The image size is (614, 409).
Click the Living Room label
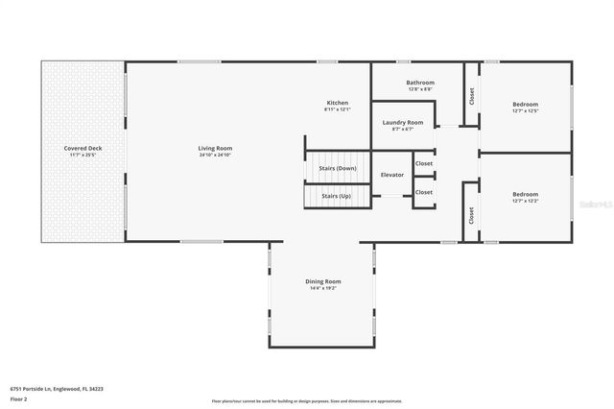tap(215, 148)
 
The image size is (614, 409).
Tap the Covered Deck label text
tap(83, 148)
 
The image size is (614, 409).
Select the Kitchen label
tap(337, 103)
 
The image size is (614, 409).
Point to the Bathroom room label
tap(419, 83)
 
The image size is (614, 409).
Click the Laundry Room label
tap(402, 122)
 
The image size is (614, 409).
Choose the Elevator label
tap(392, 175)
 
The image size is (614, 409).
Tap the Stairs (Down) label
tap(338, 168)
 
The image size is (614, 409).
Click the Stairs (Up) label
tap(336, 195)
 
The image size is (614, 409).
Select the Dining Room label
tap(323, 281)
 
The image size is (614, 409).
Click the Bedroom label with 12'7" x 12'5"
tap(525, 104)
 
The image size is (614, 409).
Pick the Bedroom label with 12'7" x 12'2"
tap(525, 194)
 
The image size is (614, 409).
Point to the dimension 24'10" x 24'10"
tap(215, 155)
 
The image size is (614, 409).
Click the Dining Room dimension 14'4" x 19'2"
tap(323, 288)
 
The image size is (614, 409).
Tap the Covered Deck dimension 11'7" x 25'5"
tap(83, 155)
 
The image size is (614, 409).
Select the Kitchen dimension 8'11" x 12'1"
tap(337, 109)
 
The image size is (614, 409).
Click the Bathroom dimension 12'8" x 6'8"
tap(419, 89)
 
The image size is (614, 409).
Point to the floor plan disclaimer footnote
tap(306, 400)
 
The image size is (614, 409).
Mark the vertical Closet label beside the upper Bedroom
tap(471, 96)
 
